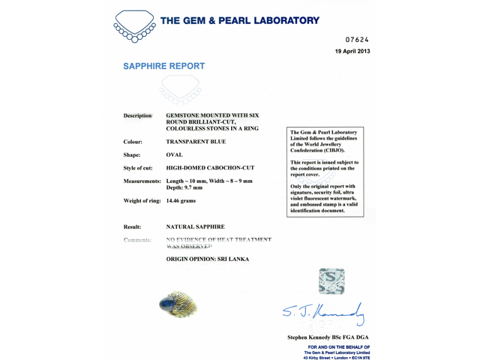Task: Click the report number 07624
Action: (x=356, y=39)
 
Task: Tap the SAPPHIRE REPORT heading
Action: (x=163, y=66)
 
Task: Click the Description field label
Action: (x=137, y=116)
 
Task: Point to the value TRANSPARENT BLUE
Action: (x=196, y=141)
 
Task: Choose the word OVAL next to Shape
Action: (x=175, y=154)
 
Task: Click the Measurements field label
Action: (x=142, y=181)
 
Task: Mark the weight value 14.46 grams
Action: (x=183, y=202)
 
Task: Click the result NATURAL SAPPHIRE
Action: (x=194, y=226)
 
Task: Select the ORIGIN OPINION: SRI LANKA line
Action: (x=207, y=259)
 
